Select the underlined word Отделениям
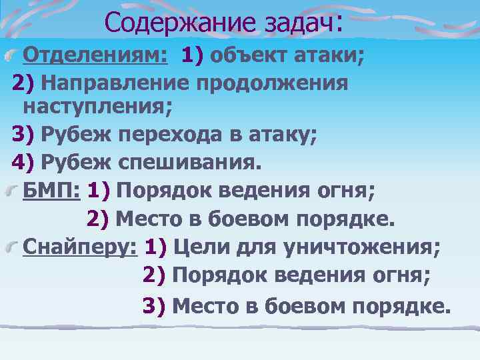pyautogui.click(x=95, y=54)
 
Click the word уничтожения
pyautogui.click(x=361, y=248)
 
